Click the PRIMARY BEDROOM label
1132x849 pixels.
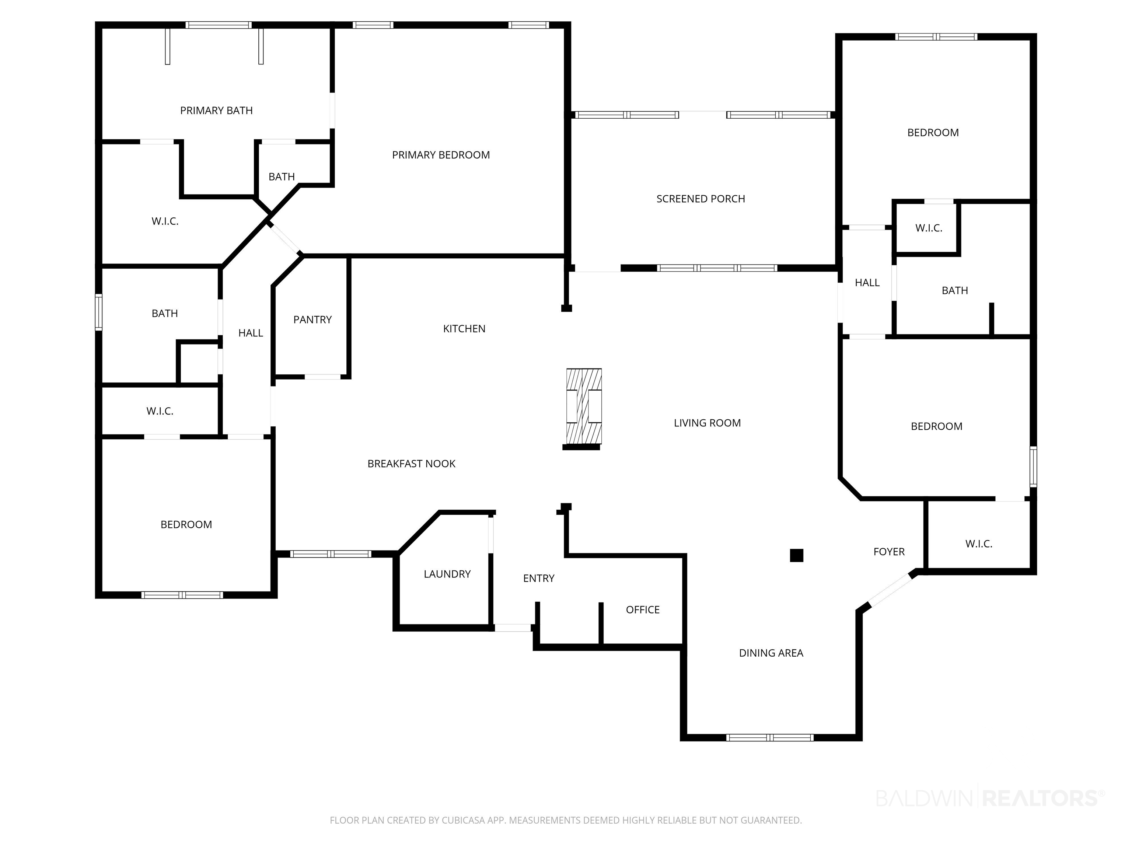point(441,155)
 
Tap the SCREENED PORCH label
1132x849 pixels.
point(700,199)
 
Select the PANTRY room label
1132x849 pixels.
point(312,320)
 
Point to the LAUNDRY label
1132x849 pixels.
point(447,574)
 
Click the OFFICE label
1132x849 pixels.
point(642,610)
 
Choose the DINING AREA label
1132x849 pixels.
point(771,653)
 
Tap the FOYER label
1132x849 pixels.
point(889,552)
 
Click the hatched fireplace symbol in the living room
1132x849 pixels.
point(583,406)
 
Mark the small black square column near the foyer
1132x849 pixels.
point(796,555)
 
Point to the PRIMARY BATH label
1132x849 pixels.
point(216,111)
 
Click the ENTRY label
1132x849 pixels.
point(538,578)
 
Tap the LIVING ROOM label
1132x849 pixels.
point(707,423)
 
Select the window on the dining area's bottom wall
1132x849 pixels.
point(770,737)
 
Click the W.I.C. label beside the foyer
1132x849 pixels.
point(978,544)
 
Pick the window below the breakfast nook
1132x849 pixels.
point(330,554)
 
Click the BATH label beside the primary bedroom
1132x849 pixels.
point(282,177)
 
